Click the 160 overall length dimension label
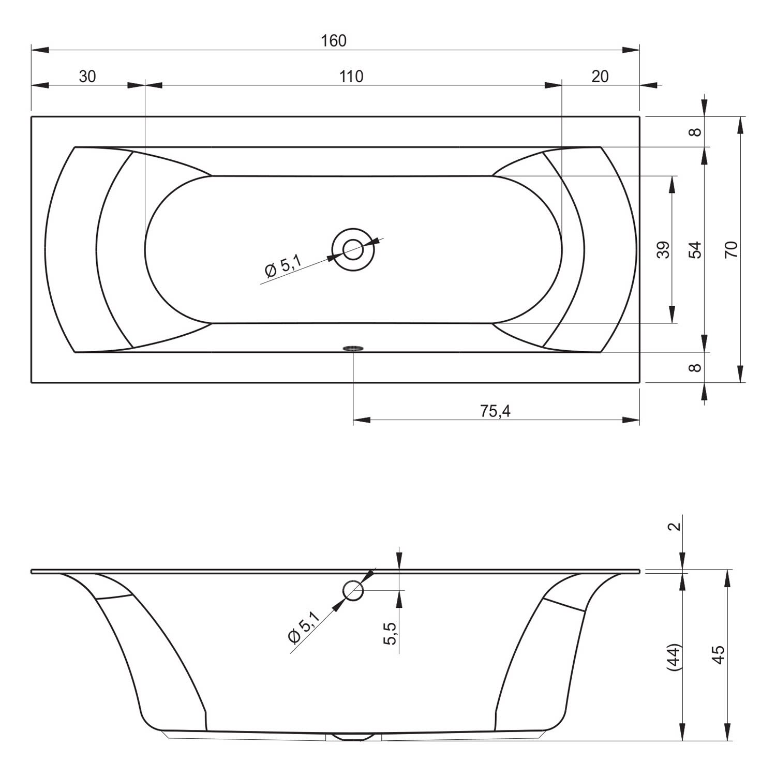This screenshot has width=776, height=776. (x=334, y=40)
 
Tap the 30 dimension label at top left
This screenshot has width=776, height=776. (x=87, y=77)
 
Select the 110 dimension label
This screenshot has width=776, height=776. (x=351, y=77)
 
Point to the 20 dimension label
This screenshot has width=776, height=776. (x=600, y=77)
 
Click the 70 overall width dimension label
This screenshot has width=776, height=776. (x=731, y=250)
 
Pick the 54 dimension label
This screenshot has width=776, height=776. (x=696, y=250)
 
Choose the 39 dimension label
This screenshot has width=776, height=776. (x=664, y=250)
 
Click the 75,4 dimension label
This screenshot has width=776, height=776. (x=495, y=411)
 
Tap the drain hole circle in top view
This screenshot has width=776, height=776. (x=353, y=250)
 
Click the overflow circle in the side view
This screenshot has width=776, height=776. (x=353, y=590)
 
